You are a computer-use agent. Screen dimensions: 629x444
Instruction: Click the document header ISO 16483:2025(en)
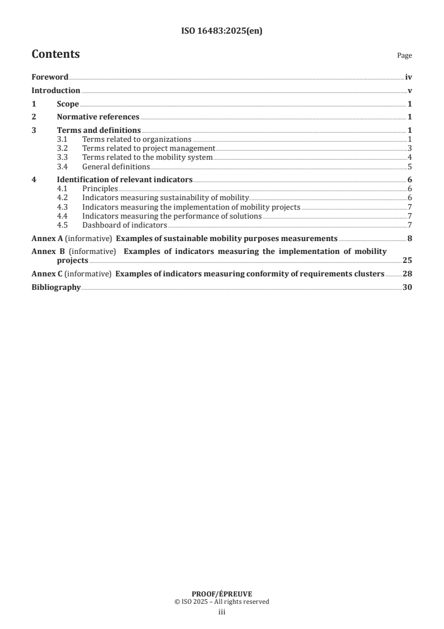click(222, 31)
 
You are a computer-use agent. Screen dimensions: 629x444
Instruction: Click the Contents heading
click(55, 54)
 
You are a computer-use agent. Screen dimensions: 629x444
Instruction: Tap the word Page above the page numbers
click(404, 56)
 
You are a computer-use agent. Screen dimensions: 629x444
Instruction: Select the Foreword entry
click(50, 77)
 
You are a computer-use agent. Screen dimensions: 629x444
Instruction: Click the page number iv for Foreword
click(409, 77)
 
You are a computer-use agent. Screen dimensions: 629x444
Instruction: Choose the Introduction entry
click(55, 90)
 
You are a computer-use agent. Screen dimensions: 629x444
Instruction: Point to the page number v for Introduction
click(410, 90)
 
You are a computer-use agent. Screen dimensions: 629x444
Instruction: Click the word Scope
click(68, 104)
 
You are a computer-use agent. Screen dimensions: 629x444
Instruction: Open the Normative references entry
click(98, 117)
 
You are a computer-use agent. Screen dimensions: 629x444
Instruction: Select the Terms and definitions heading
click(99, 131)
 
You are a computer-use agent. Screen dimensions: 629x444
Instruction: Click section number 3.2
click(63, 149)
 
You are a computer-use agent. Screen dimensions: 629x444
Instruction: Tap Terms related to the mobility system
click(147, 158)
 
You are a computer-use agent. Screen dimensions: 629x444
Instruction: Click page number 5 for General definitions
click(410, 166)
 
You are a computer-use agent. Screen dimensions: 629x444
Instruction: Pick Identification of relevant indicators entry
click(124, 180)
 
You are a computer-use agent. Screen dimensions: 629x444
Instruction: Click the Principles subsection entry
click(100, 189)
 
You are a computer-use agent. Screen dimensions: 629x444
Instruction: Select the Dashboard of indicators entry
click(124, 225)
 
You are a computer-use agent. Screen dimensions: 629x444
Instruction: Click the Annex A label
click(47, 238)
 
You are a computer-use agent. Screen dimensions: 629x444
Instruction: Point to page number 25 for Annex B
click(408, 261)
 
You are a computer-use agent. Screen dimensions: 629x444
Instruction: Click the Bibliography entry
click(56, 288)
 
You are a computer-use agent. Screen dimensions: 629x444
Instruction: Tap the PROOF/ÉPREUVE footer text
click(222, 594)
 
